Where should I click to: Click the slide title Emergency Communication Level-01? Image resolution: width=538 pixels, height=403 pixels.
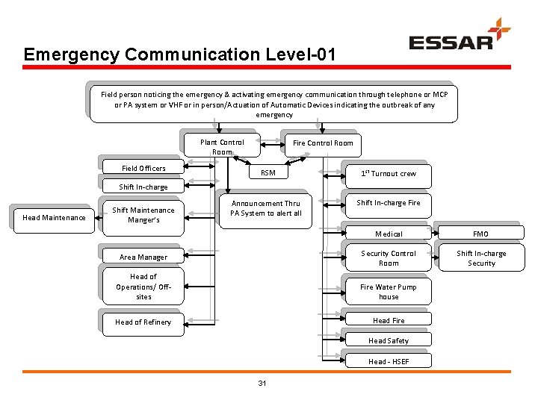pos(179,54)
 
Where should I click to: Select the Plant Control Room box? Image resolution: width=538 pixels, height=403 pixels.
pos(222,146)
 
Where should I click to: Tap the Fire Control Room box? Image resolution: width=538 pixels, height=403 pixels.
pos(323,143)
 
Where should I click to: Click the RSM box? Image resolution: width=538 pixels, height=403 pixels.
pos(268,173)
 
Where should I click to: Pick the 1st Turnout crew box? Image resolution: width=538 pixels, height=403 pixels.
pos(388,173)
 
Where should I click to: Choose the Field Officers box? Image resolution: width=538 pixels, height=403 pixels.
pos(143,168)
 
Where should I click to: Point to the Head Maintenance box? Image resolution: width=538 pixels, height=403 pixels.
pos(54,218)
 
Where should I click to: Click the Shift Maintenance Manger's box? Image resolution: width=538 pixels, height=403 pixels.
pos(143,215)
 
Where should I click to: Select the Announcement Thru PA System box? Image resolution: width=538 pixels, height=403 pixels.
pos(266,208)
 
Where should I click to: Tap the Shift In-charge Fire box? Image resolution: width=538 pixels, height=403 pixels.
pos(388,203)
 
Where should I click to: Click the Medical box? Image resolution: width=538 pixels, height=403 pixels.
pos(389,234)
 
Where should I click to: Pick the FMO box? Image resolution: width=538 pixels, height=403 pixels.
pos(480,234)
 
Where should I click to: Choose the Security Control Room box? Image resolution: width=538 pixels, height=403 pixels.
pos(389,258)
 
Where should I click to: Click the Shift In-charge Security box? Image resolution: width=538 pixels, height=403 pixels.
pos(481,258)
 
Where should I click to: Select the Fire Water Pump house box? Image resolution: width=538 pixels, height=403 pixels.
pos(389,292)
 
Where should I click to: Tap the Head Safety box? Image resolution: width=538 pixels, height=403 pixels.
pos(389,340)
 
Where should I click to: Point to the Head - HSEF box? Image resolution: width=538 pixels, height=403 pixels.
pos(389,361)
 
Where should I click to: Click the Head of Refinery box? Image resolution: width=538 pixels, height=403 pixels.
pos(143,322)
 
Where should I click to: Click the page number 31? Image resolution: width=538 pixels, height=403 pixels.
pos(262,384)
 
